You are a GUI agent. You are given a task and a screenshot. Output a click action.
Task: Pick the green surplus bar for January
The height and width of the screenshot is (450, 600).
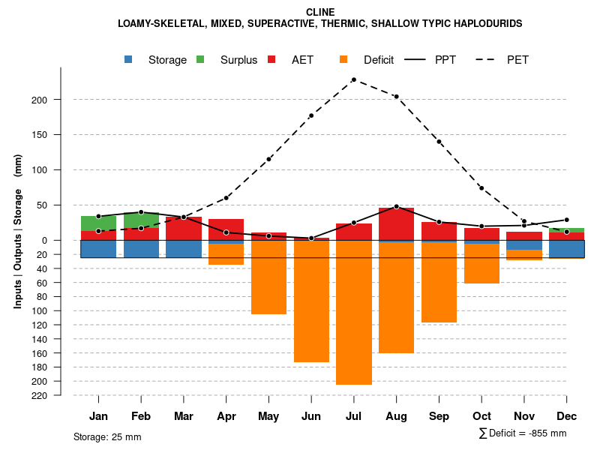point(98,223)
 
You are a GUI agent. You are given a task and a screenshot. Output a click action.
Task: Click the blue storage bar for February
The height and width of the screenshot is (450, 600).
point(141,249)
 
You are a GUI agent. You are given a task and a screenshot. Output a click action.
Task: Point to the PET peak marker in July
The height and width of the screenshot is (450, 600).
point(353,79)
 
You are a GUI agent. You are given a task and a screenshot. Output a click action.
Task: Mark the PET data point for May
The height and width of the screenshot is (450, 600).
point(268,159)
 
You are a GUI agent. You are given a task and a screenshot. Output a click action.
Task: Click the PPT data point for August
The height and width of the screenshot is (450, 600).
point(397,206)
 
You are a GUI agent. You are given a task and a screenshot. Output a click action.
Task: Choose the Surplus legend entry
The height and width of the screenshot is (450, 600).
point(228,60)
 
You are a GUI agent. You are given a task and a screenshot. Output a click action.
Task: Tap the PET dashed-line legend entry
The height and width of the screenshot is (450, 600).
point(504,60)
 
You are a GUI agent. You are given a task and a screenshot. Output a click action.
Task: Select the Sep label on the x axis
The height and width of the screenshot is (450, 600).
point(439,416)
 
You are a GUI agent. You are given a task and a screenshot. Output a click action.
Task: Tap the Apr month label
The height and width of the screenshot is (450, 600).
point(226,416)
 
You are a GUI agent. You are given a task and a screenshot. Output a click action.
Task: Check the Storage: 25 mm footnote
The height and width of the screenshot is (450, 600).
point(107,436)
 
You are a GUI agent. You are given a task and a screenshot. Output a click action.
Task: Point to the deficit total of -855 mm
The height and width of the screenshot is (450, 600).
point(523,433)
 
